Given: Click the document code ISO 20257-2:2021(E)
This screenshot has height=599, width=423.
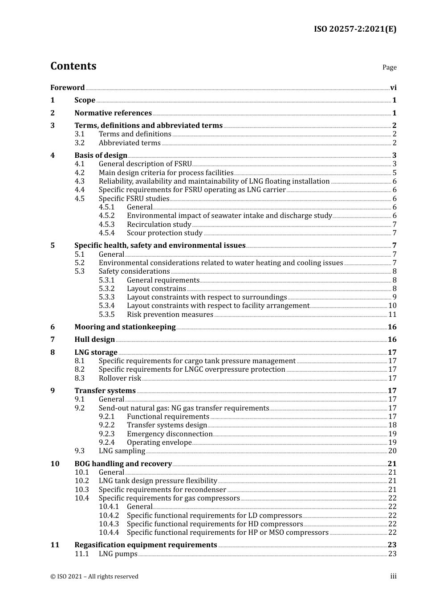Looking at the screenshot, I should pos(354,29).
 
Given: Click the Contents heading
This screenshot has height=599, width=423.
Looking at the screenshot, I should pos(73,66).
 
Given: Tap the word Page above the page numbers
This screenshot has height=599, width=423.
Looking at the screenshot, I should pos(389,67).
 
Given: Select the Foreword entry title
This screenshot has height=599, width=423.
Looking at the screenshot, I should pos(67,88).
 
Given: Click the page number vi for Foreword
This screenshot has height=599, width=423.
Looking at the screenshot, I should pos(393,88).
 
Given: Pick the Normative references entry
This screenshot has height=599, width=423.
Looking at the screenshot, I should pos(113,113).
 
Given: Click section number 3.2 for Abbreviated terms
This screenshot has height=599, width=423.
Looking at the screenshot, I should pos(79,143).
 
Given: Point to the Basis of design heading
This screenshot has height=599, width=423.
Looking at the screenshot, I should pos(101,156).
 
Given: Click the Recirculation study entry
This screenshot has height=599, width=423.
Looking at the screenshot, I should pos(159,225).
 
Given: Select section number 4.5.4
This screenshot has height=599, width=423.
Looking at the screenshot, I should pos(106,233).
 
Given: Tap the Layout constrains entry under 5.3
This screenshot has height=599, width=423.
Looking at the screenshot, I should pos(156,289).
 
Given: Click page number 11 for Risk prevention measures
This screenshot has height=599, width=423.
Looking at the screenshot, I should pos(392,315).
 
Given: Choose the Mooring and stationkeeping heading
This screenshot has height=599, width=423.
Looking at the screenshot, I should pos(125,327).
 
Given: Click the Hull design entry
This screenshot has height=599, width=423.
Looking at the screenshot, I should pos(94,340).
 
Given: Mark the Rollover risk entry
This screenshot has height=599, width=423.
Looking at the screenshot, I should pos(120,378).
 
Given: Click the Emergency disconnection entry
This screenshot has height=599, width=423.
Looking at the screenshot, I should pos(170,434).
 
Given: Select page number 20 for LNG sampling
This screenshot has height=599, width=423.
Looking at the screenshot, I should pos(392,451).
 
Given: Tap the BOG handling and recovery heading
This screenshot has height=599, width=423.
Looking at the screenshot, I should pos(123,464).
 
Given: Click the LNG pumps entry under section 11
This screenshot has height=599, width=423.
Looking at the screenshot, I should pos(118,554).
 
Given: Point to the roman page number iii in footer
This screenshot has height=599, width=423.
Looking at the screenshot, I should pos(393,576).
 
